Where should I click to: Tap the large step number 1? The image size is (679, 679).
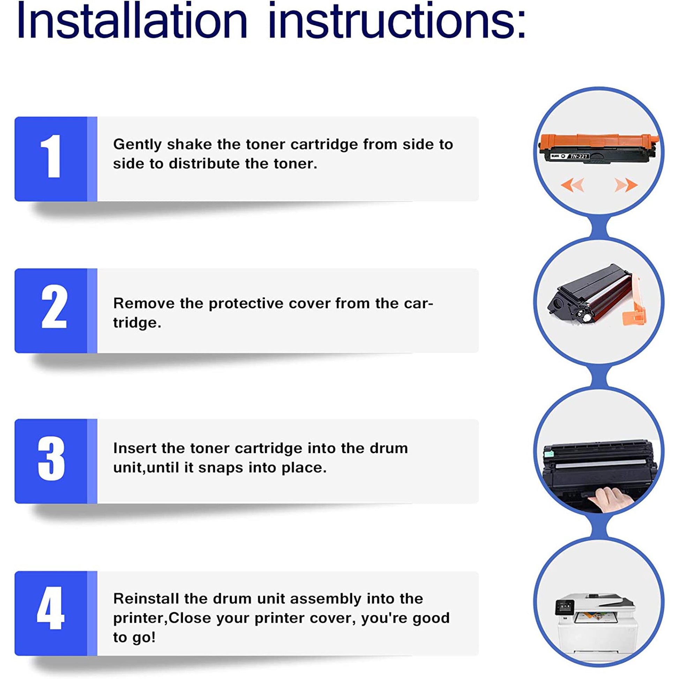pos(52,156)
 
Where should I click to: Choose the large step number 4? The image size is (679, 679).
pos(51,608)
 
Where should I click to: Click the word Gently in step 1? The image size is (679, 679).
pos(137,145)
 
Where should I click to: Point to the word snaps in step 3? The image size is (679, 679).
pos(221,468)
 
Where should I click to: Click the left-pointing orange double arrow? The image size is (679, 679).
pos(573,185)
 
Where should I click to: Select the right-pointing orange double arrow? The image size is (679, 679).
pos(626,185)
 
